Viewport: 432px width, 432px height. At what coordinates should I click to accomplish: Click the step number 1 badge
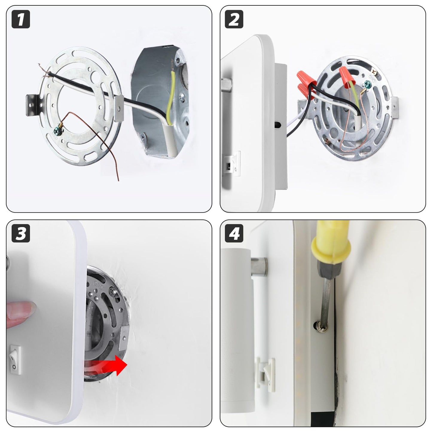(x=21, y=19)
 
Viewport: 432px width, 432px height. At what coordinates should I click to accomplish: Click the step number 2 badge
(x=234, y=19)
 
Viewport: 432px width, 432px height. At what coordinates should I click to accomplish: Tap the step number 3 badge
(x=21, y=233)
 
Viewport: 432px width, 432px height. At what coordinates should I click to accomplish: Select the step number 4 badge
(x=234, y=233)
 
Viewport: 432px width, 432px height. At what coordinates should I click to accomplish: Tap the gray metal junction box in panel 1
(x=161, y=101)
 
